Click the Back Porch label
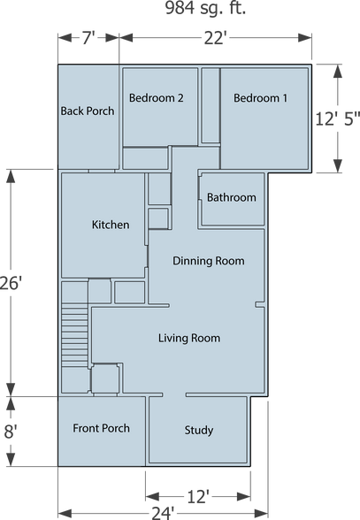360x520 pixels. click(x=88, y=111)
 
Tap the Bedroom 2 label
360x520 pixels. click(x=156, y=98)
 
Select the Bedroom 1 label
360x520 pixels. click(x=260, y=98)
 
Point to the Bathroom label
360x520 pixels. click(x=232, y=197)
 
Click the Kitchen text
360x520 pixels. click(x=111, y=225)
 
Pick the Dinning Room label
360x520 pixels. click(x=209, y=261)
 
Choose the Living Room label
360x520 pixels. click(x=189, y=338)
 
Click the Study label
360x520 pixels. click(x=199, y=431)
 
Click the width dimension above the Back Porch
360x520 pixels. click(x=87, y=39)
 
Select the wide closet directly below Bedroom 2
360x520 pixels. click(x=145, y=157)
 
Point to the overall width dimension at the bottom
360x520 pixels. click(x=163, y=512)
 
